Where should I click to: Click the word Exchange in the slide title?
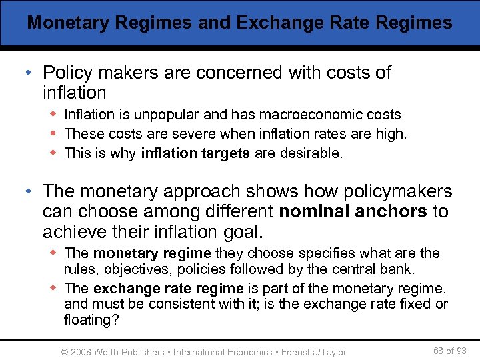[x=273, y=22]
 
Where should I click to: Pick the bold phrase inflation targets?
[x=195, y=153]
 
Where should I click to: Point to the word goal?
[x=244, y=232]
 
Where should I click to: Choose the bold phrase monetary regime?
[x=152, y=253]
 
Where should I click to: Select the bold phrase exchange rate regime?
[x=169, y=288]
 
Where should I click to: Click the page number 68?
[x=439, y=351]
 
